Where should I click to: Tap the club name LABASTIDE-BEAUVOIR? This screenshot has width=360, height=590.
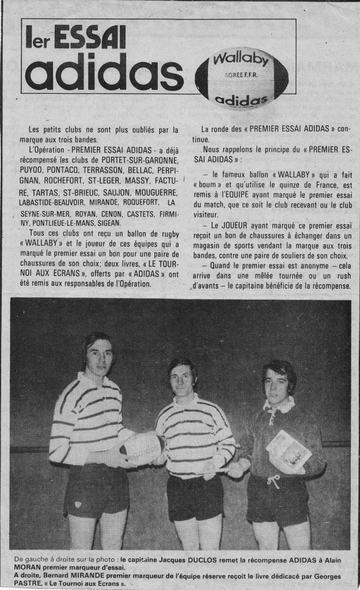(x=56, y=202)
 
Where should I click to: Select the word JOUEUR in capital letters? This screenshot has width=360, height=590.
(x=232, y=224)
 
